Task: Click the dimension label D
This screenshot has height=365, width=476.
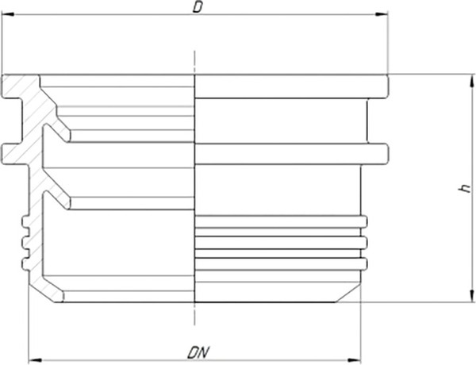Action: [x=198, y=7]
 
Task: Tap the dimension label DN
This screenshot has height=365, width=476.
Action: [x=198, y=352]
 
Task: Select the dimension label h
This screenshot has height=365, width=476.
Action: [x=464, y=188]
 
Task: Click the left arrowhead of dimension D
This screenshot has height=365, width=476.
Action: [x=8, y=14]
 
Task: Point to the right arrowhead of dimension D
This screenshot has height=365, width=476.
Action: [x=382, y=14]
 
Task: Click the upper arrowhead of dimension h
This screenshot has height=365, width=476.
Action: [x=471, y=81]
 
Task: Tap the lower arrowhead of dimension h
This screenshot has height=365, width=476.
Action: [x=471, y=296]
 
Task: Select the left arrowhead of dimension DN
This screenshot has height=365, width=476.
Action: [x=34, y=360]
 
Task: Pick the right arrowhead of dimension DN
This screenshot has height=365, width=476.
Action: [x=355, y=360]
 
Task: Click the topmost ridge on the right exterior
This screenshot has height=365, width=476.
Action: [x=364, y=221]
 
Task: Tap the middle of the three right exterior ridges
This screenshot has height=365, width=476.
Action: [x=364, y=243]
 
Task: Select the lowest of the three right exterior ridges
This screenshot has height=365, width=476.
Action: [x=364, y=263]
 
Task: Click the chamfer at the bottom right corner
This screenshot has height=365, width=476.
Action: [x=348, y=293]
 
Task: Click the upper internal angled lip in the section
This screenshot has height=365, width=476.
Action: [x=57, y=133]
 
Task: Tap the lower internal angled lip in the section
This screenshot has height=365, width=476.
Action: [x=57, y=200]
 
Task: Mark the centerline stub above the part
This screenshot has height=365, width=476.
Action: [x=194, y=62]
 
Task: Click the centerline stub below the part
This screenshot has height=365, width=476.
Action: [x=194, y=314]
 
